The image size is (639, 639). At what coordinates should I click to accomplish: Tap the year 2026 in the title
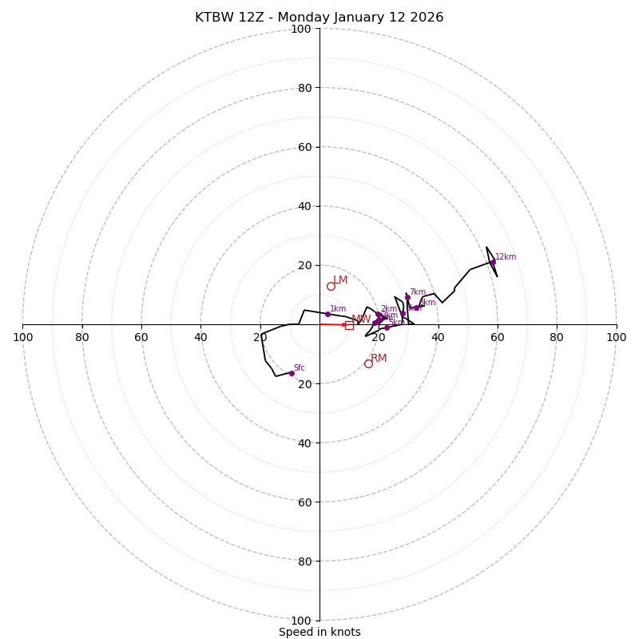[x=427, y=18]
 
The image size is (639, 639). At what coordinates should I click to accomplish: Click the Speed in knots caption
[x=319, y=632]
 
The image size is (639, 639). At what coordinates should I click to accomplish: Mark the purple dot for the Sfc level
[x=292, y=373]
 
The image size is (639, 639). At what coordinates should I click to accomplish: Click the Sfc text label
[x=300, y=367]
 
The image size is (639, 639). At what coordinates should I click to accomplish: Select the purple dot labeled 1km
[x=327, y=314]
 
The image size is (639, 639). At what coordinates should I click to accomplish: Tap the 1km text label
[x=338, y=308]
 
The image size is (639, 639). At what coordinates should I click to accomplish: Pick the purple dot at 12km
[x=493, y=262]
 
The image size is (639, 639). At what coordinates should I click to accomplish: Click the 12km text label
[x=506, y=256]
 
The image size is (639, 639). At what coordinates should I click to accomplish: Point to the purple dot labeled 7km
[x=407, y=298]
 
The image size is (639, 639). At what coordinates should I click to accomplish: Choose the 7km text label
[x=418, y=292]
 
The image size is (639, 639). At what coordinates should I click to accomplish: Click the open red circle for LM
[x=331, y=286]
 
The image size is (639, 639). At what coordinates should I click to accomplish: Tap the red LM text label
[x=340, y=280]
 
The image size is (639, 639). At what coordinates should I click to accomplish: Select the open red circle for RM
[x=368, y=363]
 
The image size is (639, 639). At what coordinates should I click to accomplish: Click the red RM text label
[x=379, y=358]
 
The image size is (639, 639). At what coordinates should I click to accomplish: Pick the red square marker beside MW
[x=349, y=325]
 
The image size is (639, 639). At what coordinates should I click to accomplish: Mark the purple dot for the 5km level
[x=387, y=327]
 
